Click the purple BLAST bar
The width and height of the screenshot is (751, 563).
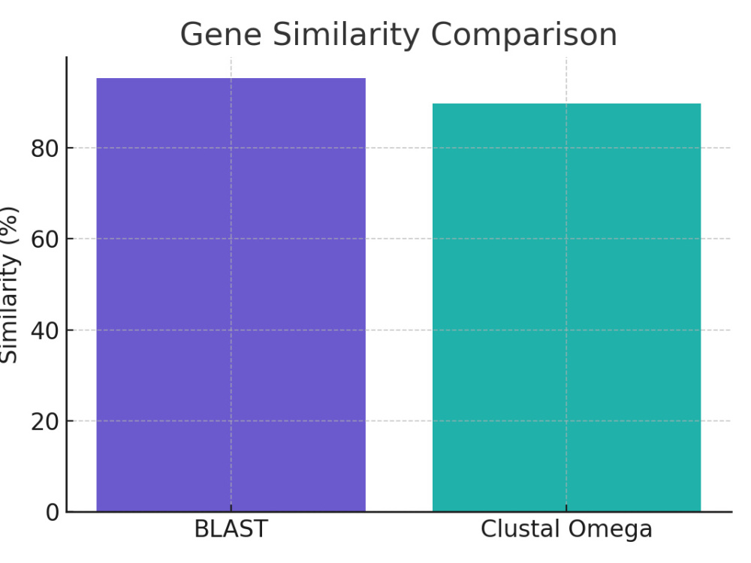pyautogui.click(x=231, y=294)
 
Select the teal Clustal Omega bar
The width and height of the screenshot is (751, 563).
pyautogui.click(x=566, y=307)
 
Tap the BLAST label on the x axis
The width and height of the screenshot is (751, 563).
pyautogui.click(x=231, y=529)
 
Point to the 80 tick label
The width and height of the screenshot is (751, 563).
pyautogui.click(x=45, y=149)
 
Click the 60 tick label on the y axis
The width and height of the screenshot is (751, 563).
pyautogui.click(x=45, y=239)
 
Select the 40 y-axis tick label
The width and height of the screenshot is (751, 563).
pyautogui.click(x=45, y=330)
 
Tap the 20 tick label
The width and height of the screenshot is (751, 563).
pyautogui.click(x=45, y=422)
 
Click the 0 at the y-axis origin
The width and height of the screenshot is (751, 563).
pyautogui.click(x=53, y=513)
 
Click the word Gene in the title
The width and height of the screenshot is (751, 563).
pyautogui.click(x=221, y=35)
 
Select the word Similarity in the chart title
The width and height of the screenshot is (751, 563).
pyautogui.click(x=345, y=35)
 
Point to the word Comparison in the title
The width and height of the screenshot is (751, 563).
pyautogui.click(x=524, y=35)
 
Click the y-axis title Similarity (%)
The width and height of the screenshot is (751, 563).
pyautogui.click(x=9, y=285)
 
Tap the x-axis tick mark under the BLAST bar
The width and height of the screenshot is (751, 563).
pyautogui.click(x=231, y=508)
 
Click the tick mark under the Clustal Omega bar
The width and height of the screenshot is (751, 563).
pyautogui.click(x=566, y=508)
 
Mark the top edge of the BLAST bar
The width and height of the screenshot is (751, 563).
pyautogui.click(x=231, y=79)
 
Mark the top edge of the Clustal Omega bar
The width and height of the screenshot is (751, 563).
pyautogui.click(x=566, y=104)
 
